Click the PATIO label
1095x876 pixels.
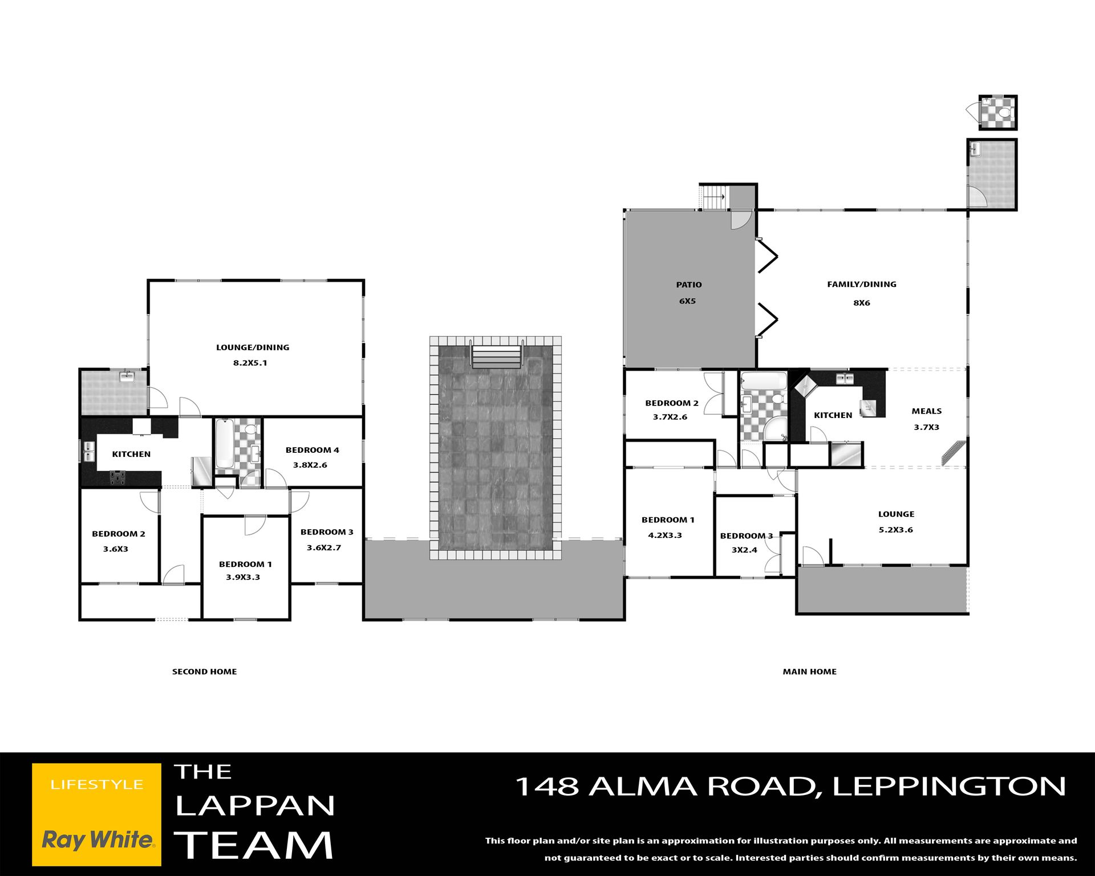[x=688, y=285]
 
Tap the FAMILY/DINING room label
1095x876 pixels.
[x=862, y=284]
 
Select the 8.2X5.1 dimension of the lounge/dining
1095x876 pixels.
[x=250, y=363]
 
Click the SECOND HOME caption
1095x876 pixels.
[x=204, y=672]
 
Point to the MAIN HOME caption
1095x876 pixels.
[x=809, y=672]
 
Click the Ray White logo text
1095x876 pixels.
[x=98, y=839]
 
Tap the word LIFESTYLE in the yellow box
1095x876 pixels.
[x=97, y=785]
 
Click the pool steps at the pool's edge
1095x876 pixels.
[x=496, y=356]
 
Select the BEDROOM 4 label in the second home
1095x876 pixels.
[x=312, y=450]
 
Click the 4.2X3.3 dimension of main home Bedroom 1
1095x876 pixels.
[x=665, y=536]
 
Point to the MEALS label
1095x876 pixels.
[x=926, y=411]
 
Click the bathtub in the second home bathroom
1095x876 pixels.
[x=224, y=444]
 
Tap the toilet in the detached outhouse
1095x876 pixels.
[x=1005, y=112]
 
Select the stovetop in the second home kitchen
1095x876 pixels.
[x=118, y=477]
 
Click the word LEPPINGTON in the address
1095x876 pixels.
[x=949, y=786]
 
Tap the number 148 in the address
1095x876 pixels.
[x=547, y=786]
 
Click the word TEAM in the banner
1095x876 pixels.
[x=254, y=845]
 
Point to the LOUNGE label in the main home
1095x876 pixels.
[x=896, y=514]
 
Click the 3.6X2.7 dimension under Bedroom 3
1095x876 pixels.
[x=324, y=548]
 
